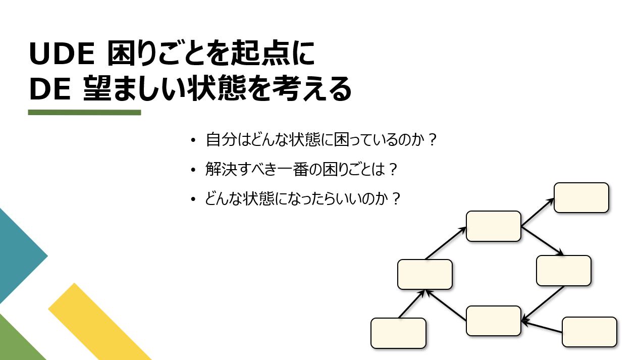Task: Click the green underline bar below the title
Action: [84, 112]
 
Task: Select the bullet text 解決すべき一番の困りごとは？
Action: [302, 170]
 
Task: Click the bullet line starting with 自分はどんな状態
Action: [321, 140]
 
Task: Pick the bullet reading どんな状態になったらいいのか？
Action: [303, 199]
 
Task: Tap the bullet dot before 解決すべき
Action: [193, 171]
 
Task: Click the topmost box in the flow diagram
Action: [581, 197]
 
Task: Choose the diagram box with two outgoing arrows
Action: [493, 226]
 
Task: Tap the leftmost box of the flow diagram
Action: [398, 333]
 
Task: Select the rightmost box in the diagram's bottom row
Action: [589, 332]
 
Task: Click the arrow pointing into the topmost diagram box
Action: [538, 212]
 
